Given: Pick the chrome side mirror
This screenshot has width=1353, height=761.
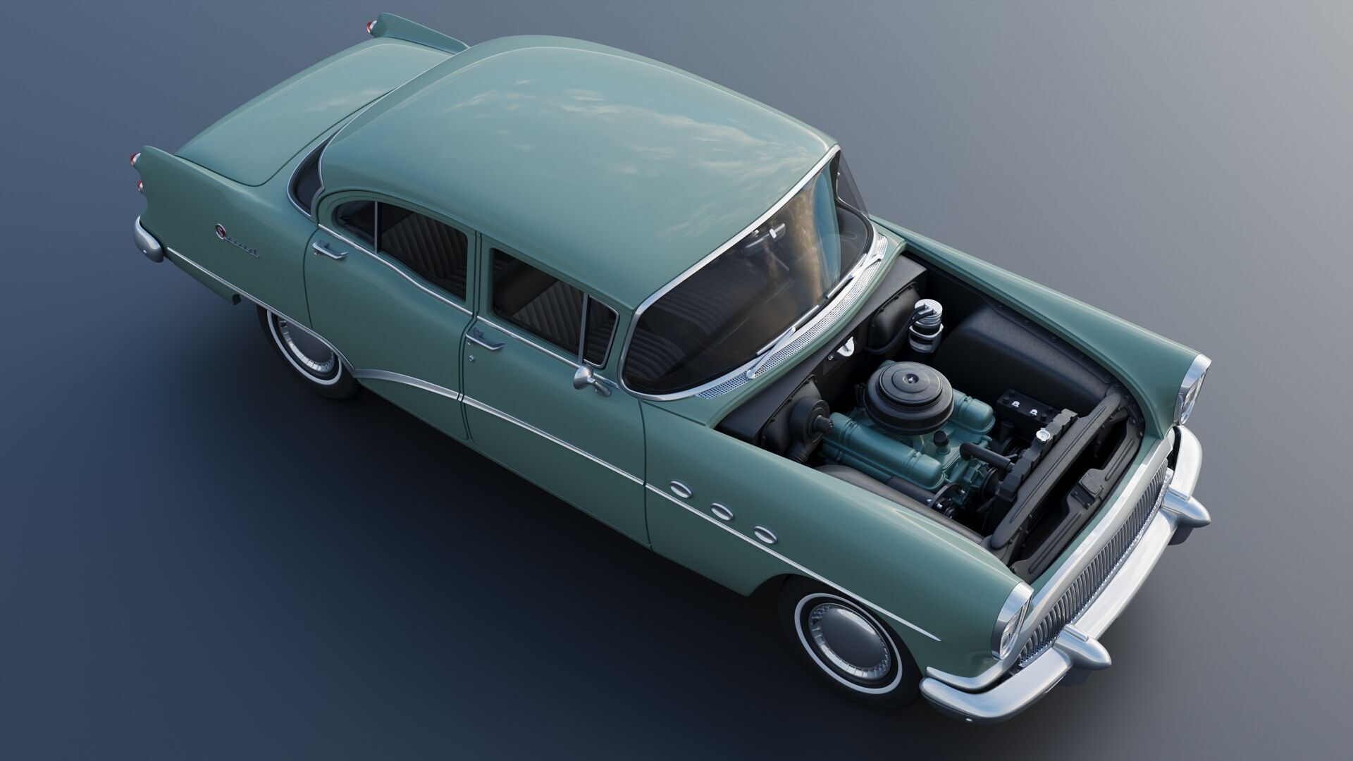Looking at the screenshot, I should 586,379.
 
